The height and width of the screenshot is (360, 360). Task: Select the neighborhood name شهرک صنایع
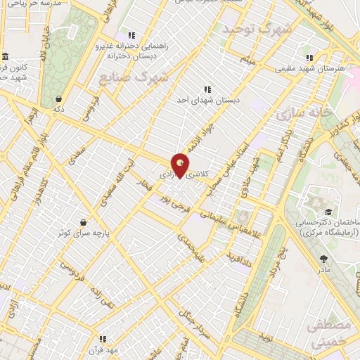pos(134,77)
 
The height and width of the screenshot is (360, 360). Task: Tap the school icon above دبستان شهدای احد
pos(207,89)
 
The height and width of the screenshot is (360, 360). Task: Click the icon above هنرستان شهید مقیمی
pos(307,58)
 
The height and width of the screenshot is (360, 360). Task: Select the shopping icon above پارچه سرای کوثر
pos(83,222)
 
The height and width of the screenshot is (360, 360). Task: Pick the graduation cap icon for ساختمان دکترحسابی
pos(328,212)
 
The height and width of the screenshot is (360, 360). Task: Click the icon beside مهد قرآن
pos(103,338)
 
